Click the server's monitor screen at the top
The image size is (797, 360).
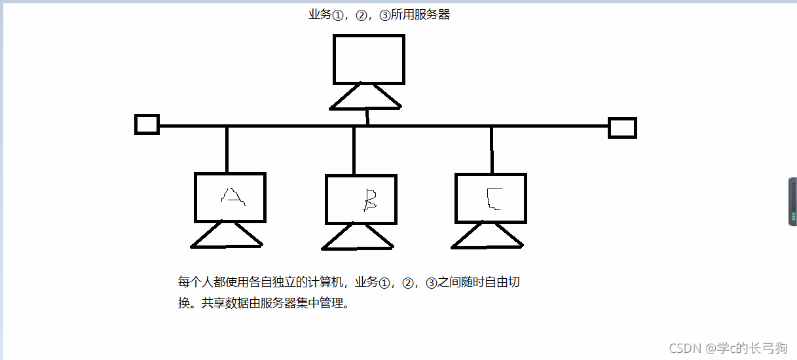(x=369, y=59)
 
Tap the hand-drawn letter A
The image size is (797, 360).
(x=232, y=196)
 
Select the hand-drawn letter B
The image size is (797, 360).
(x=371, y=200)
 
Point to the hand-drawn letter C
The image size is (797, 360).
(x=493, y=198)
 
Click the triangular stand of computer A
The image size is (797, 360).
(x=227, y=237)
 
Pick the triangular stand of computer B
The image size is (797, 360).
(x=358, y=239)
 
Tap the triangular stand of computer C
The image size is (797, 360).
(x=487, y=238)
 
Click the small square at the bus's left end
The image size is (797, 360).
(x=147, y=124)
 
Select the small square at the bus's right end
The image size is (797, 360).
(x=622, y=128)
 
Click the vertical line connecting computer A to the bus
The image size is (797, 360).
(x=227, y=149)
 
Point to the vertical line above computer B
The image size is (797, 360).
(x=354, y=151)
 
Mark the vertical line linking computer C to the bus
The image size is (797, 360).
(x=492, y=150)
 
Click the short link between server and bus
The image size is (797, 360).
(x=367, y=117)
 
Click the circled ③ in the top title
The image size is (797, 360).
(x=384, y=15)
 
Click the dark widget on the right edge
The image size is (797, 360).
(x=792, y=202)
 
